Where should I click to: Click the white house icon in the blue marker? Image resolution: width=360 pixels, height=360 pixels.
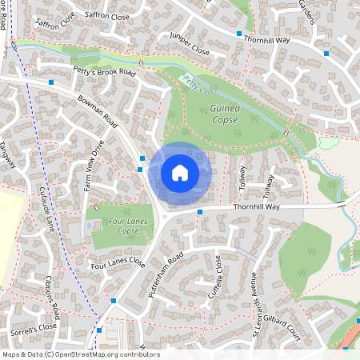click(180, 172)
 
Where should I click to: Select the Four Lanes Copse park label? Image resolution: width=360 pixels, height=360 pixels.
click(118, 225)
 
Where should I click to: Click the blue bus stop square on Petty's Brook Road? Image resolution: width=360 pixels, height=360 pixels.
click(51, 82)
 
